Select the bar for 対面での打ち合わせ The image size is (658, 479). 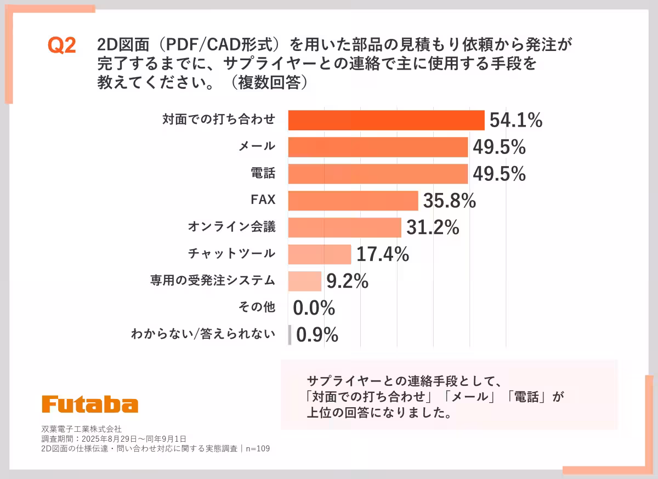[x=386, y=120]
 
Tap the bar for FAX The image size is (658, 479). [x=353, y=201]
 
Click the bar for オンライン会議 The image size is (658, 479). [x=344, y=227]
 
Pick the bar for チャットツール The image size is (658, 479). [x=320, y=254]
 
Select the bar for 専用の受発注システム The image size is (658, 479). [x=305, y=281]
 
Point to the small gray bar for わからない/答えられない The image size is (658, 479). [x=290, y=335]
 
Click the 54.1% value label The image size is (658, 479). [x=515, y=121]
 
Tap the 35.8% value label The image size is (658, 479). [x=449, y=201]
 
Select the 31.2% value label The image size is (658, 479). [x=432, y=227]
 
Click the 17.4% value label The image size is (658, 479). [x=383, y=254]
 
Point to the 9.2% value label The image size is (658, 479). [x=347, y=281]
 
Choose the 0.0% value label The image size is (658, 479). [x=314, y=308]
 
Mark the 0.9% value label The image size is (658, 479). [x=317, y=335]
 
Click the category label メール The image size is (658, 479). [x=257, y=146]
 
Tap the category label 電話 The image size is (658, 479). [x=263, y=174]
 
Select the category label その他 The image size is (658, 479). [x=257, y=307]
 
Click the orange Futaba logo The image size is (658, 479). [x=90, y=404]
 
